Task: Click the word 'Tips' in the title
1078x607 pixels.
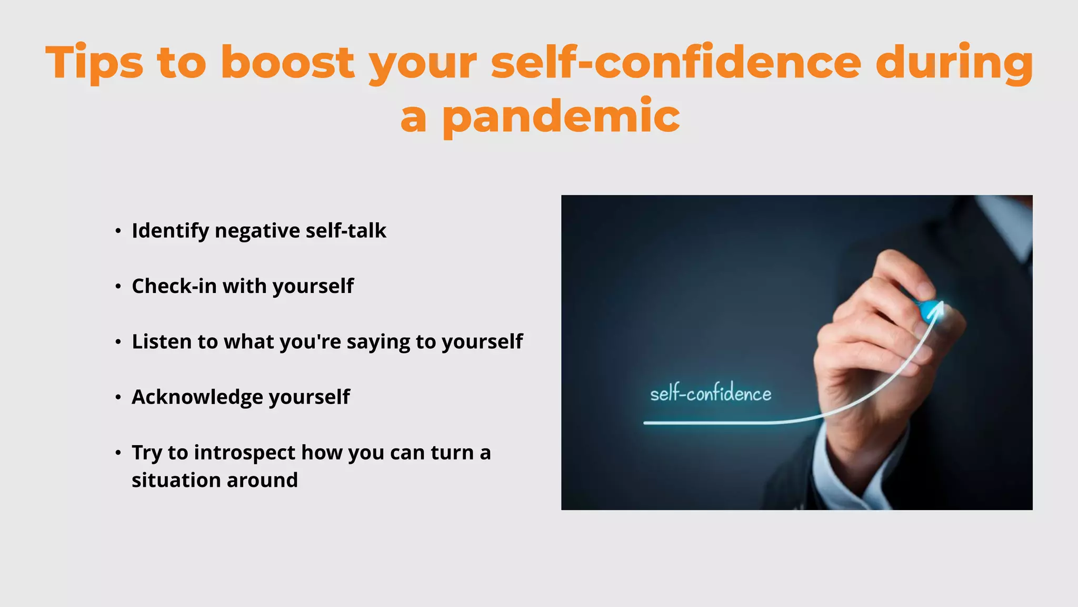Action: (x=94, y=63)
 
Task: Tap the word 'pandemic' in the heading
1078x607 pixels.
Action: (x=561, y=117)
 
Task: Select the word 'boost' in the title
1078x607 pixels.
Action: (x=287, y=63)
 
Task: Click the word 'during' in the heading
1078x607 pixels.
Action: (x=954, y=63)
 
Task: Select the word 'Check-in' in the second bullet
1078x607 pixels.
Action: (x=174, y=286)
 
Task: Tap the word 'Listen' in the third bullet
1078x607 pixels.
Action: (x=162, y=341)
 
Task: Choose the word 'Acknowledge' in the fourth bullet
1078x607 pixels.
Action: (x=197, y=397)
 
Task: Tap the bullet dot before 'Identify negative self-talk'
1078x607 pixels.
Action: (x=118, y=231)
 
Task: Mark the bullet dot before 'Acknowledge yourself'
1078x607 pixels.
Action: (x=118, y=397)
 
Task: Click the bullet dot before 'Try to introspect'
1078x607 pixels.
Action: (x=118, y=453)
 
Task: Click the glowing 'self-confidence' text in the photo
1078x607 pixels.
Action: (x=711, y=394)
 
